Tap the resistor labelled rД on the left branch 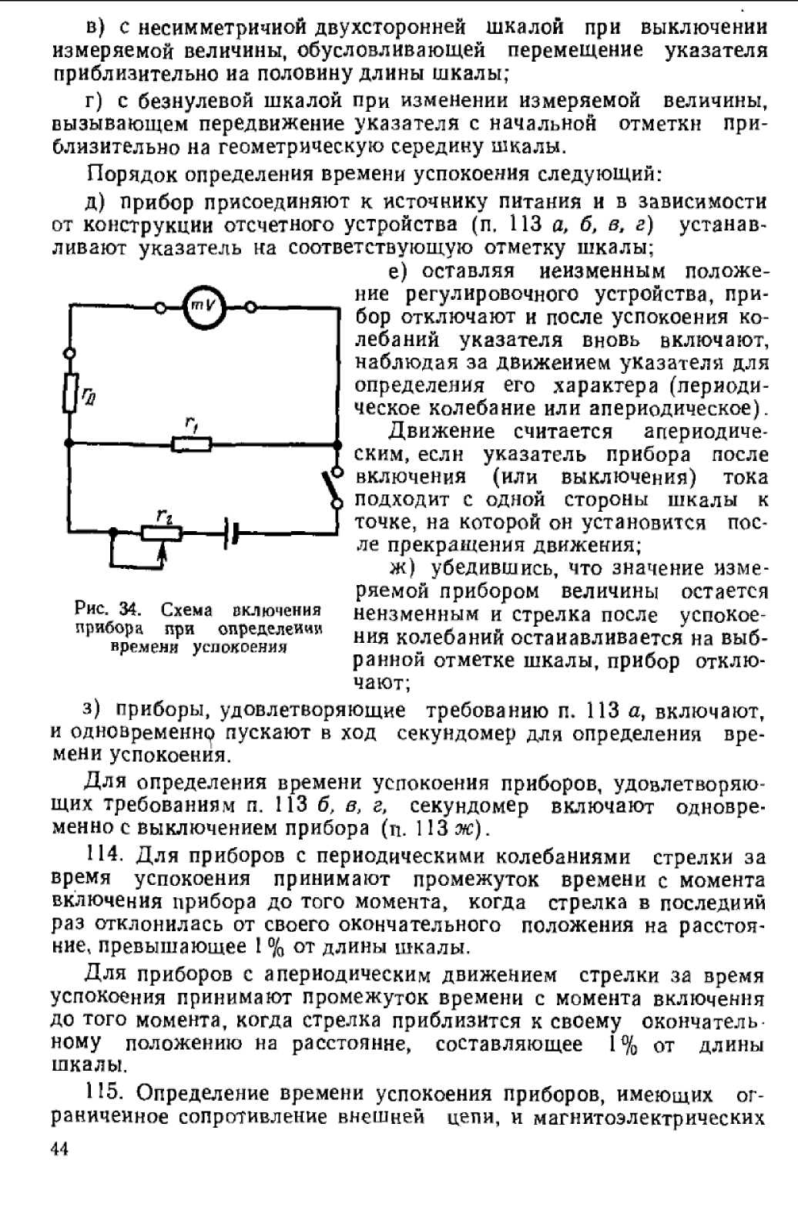[71, 393]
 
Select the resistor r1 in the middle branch [192, 444]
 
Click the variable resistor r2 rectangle [161, 533]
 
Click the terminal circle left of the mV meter [160, 308]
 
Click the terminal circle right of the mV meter [250, 308]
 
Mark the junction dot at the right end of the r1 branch [337, 444]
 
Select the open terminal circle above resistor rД [71, 353]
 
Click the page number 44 [59, 1149]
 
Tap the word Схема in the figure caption [186, 610]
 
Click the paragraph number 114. [105, 857]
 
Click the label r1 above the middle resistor [190, 424]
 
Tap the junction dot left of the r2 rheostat [113, 532]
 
